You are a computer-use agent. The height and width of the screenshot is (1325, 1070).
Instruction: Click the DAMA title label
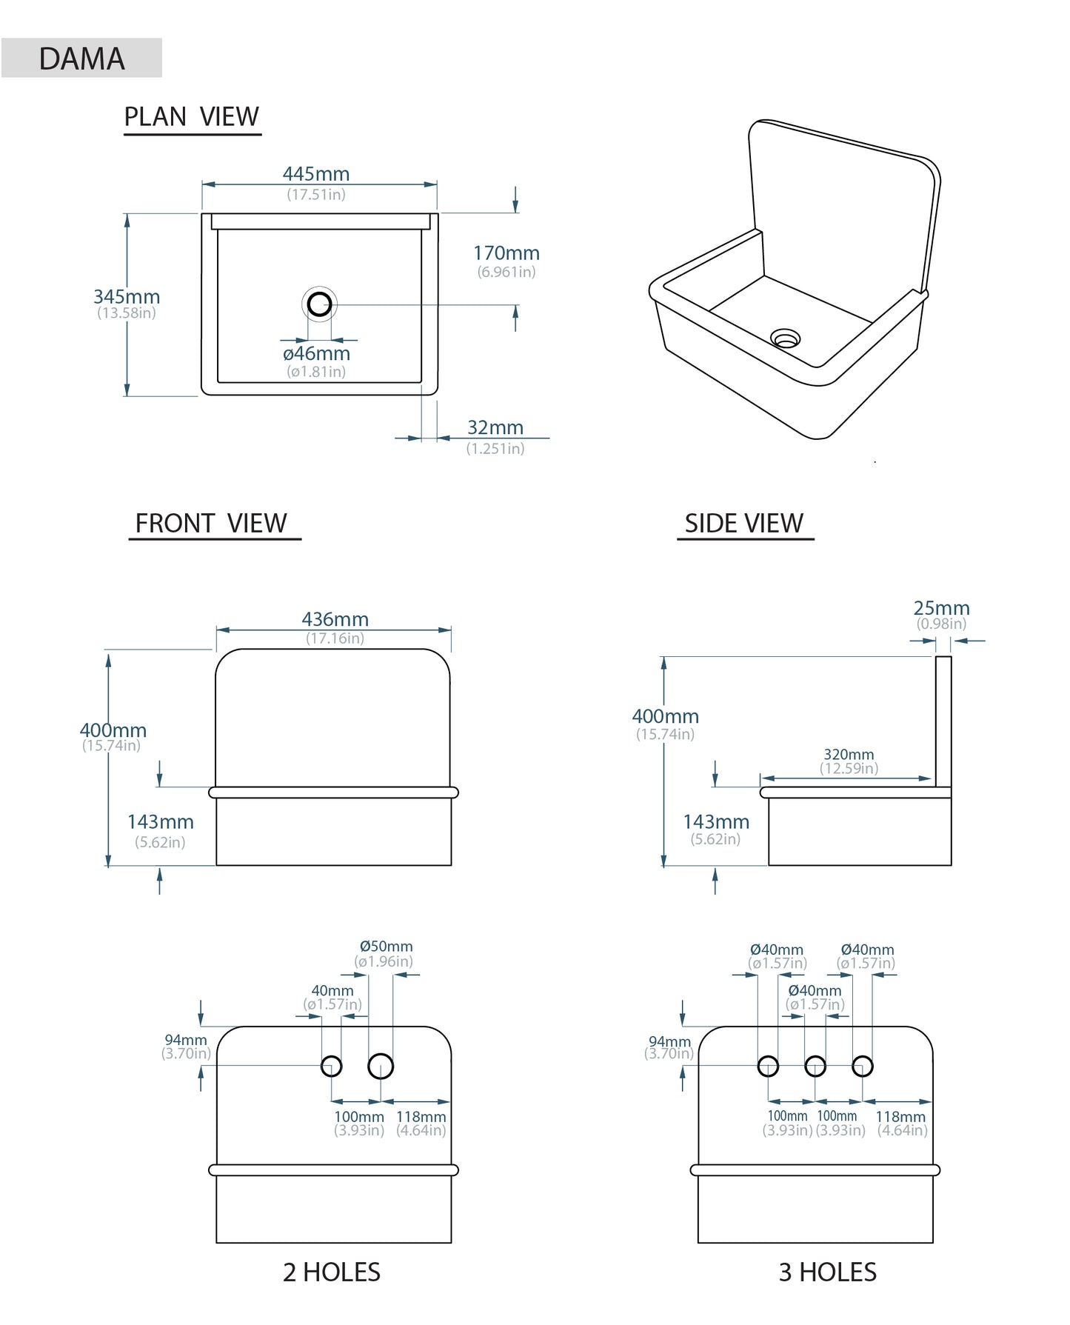[x=81, y=59]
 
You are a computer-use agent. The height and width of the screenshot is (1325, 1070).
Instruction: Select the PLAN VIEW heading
[x=191, y=117]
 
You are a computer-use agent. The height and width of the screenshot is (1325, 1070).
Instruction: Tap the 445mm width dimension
[x=316, y=174]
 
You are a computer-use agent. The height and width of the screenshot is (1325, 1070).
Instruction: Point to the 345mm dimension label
[x=127, y=297]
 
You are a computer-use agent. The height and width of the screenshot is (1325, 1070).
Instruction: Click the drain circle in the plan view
[x=319, y=304]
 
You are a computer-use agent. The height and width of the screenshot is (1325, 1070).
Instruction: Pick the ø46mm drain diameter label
[x=316, y=354]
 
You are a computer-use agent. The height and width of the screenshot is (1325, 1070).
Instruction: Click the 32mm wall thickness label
[x=495, y=428]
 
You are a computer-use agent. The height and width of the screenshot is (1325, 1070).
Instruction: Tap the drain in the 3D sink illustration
[x=785, y=338]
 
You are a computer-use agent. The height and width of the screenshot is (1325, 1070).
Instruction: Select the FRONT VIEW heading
[x=211, y=524]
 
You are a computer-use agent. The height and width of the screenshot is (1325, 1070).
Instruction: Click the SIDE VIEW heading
[x=743, y=524]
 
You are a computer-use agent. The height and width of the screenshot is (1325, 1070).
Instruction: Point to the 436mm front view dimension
[x=335, y=619]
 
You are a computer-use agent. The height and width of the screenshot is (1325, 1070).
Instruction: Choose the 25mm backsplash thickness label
[x=941, y=608]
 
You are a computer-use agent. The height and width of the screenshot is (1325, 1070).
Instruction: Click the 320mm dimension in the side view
[x=849, y=755]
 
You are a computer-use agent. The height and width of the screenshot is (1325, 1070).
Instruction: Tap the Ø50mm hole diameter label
[x=386, y=947]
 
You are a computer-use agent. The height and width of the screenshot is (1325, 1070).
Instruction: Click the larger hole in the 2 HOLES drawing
[x=381, y=1067]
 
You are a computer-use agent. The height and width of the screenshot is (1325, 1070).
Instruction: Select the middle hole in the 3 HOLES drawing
[x=815, y=1067]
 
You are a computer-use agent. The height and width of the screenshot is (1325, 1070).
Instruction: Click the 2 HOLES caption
[x=332, y=1272]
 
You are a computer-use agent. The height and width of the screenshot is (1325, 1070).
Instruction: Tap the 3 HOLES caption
[x=827, y=1272]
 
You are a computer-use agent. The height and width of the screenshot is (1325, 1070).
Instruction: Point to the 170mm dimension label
[x=506, y=253]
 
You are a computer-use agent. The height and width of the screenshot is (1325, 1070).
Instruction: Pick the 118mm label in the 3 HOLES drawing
[x=900, y=1117]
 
